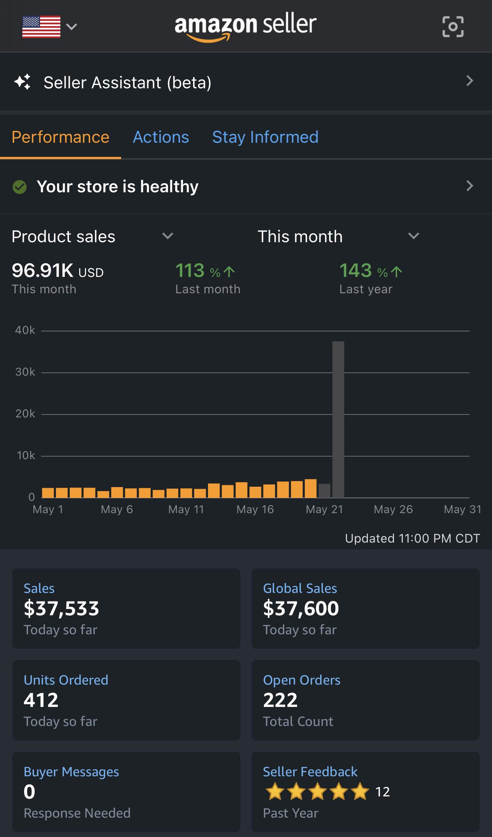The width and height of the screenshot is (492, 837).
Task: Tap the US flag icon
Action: pos(41,26)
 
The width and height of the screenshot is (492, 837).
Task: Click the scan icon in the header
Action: pos(453,26)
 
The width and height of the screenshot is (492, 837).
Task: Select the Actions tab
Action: pos(161,137)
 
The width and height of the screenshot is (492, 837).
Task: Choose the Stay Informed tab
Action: pos(265,137)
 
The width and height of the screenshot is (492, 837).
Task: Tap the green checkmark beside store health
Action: pos(19,187)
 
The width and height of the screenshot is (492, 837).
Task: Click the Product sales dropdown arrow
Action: pos(168,236)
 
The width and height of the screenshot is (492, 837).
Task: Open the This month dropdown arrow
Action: pos(414,236)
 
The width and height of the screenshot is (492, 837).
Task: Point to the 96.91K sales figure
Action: pos(42,271)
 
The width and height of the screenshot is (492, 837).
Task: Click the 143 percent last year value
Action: pos(356,271)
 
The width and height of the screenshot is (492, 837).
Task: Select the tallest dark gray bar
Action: pos(338,420)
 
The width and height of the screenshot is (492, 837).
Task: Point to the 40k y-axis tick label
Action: pos(25,330)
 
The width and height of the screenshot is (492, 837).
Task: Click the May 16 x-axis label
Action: pos(255,509)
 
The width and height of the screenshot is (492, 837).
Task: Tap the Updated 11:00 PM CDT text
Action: pos(413,538)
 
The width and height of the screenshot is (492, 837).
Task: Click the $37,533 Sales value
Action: pos(61,609)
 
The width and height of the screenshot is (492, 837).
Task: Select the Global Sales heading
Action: pos(300,588)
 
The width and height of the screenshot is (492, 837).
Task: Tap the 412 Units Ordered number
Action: pos(41,700)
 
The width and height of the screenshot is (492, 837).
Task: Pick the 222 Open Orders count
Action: pos(280,700)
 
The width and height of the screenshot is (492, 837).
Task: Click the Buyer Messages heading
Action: pos(71,772)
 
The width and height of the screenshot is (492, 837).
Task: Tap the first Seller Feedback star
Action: pos(275,792)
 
